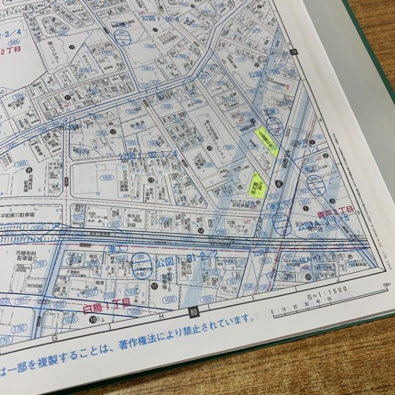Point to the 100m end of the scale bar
386,285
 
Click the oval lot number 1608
106,178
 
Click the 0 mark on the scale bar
273,314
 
